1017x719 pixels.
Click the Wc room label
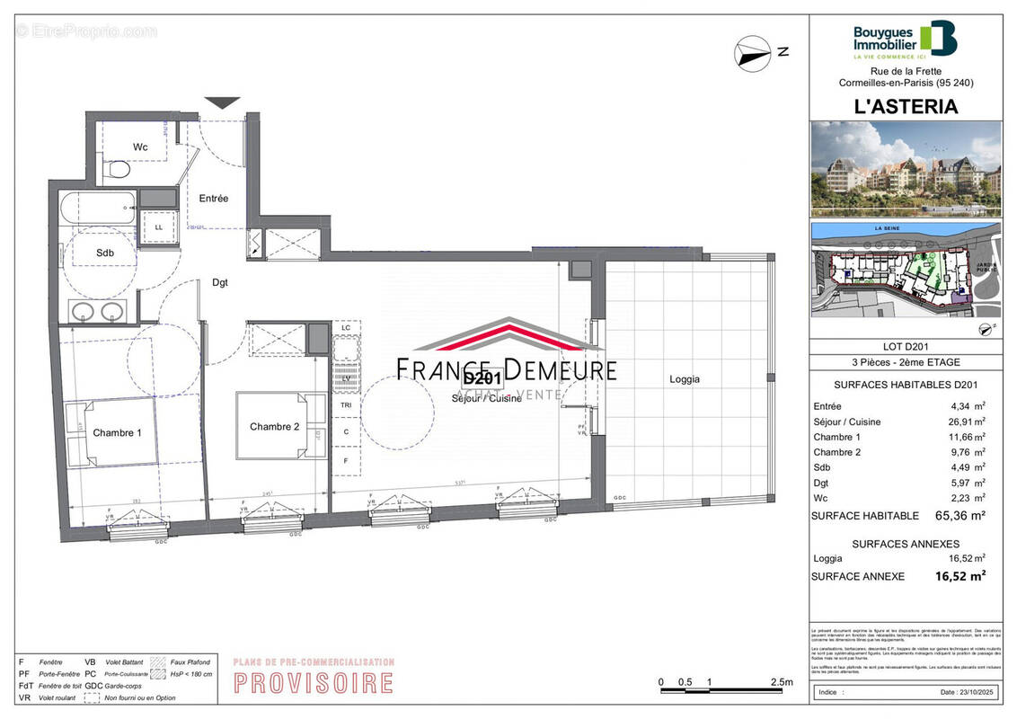click(x=140, y=146)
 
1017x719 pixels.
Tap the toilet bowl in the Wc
click(x=117, y=170)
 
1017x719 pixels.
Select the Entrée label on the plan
click(x=214, y=198)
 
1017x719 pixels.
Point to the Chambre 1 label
click(x=117, y=432)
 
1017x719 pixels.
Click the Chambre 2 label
click(x=274, y=426)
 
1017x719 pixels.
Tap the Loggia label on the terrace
click(x=685, y=379)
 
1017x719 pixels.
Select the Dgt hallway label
click(x=220, y=282)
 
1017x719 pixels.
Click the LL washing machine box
click(x=159, y=226)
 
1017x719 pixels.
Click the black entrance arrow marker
click(x=222, y=102)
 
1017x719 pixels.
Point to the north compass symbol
click(x=753, y=54)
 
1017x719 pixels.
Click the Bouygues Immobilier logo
click(x=904, y=40)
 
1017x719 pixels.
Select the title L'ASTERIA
click(x=905, y=106)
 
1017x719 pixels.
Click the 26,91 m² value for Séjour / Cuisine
click(x=968, y=421)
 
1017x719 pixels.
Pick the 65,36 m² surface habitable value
click(x=960, y=515)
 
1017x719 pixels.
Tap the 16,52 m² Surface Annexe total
click(x=960, y=576)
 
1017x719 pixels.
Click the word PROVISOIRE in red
click(x=314, y=682)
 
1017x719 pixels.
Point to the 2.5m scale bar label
click(x=782, y=682)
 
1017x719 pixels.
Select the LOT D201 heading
click(x=905, y=347)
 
